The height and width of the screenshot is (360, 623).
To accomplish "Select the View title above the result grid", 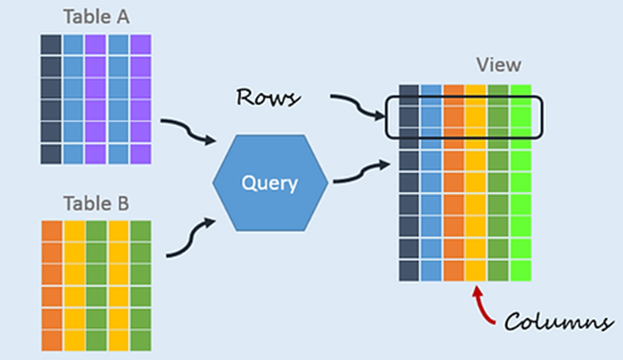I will pos(498,64).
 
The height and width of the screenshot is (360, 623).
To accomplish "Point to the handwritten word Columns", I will pos(557,321).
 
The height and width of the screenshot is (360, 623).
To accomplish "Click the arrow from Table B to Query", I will pos(186,238).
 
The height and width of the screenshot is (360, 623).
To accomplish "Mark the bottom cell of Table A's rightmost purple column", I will pos(139,153).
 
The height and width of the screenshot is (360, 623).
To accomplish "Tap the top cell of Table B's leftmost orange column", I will pos(51,230).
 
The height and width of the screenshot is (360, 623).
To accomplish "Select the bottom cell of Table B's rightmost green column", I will pos(139,339).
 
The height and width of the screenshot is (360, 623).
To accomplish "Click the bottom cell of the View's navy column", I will pos(409,270).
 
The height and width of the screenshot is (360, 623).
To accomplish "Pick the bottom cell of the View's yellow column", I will pos(475,270).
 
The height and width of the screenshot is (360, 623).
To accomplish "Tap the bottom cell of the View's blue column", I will pos(430,270).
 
